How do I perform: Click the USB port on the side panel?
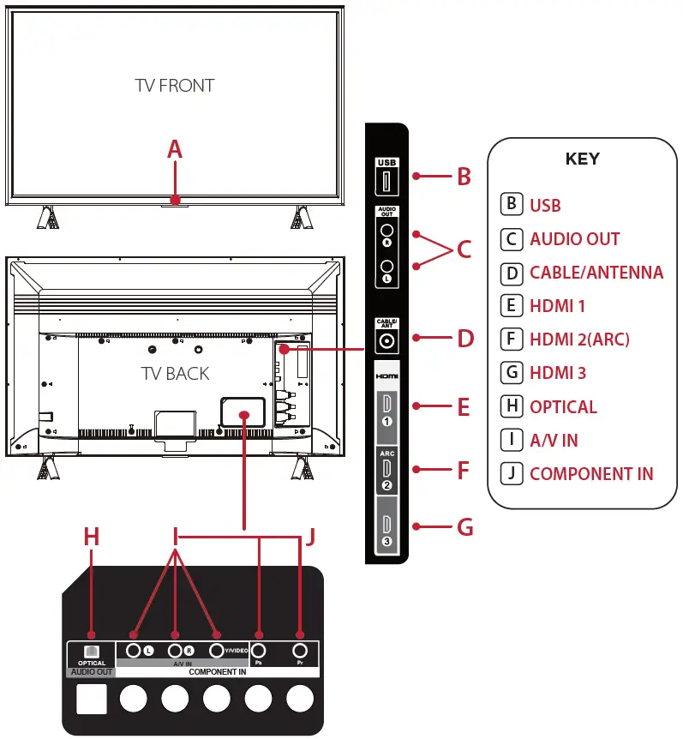pyautogui.click(x=386, y=181)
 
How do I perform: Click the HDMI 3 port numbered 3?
pyautogui.click(x=386, y=526)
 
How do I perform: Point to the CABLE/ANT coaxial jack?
pyautogui.click(x=386, y=340)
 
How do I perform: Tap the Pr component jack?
pyautogui.click(x=300, y=650)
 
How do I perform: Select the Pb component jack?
pyautogui.click(x=258, y=650)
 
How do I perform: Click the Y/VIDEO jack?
pyautogui.click(x=216, y=650)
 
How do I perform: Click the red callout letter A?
pyautogui.click(x=175, y=149)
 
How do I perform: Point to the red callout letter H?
pyautogui.click(x=92, y=537)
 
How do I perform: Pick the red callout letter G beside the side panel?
pyautogui.click(x=464, y=526)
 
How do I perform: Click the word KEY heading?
pyautogui.click(x=582, y=159)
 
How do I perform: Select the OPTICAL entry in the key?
pyautogui.click(x=563, y=407)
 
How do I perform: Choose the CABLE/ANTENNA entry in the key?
pyautogui.click(x=596, y=273)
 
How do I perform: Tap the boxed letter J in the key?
pyautogui.click(x=511, y=473)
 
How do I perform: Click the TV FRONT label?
pyautogui.click(x=175, y=86)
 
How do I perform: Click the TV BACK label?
pyautogui.click(x=175, y=373)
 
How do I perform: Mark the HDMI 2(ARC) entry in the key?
pyautogui.click(x=579, y=339)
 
